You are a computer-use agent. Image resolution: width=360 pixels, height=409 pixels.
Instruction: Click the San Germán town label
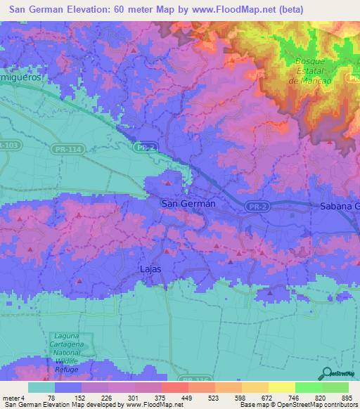pos(188,204)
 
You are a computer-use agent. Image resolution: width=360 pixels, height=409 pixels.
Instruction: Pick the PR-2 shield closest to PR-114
pos(145,148)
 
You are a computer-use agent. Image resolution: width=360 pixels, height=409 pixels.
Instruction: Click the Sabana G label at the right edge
pos(339,206)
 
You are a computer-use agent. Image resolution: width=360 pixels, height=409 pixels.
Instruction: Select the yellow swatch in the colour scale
pos(281,387)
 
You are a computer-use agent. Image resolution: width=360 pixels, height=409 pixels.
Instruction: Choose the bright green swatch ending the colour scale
pos(335,387)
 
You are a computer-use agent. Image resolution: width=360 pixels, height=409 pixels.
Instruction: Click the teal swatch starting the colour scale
pos(41,387)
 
